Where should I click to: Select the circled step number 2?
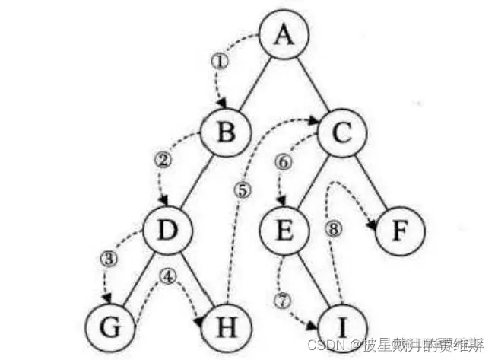[160, 160]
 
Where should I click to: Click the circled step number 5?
[243, 190]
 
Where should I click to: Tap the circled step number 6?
[283, 161]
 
